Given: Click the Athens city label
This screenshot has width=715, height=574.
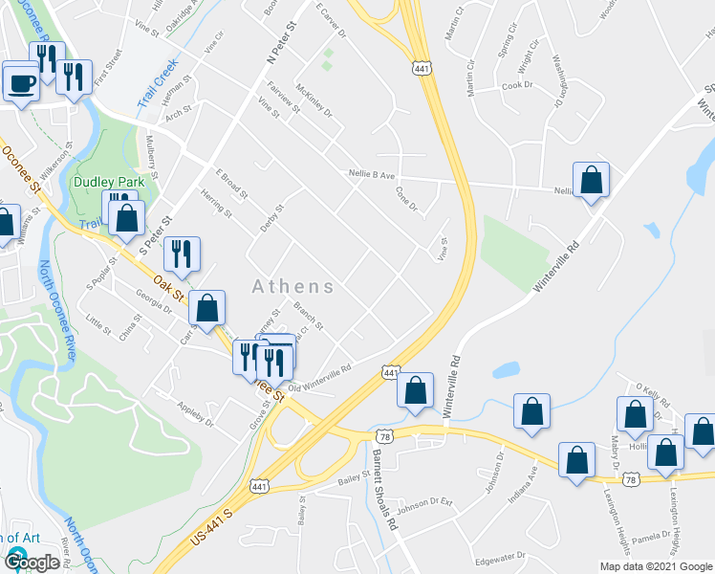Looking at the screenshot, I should [x=293, y=286].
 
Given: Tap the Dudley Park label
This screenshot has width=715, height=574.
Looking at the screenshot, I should [x=109, y=182].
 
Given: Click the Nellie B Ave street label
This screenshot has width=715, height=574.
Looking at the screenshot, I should [x=373, y=175].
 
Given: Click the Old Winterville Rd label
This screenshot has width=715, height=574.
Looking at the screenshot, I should [x=321, y=380].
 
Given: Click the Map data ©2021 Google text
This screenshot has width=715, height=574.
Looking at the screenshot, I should [x=656, y=566].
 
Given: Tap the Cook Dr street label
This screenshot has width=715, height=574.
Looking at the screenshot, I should [x=516, y=85].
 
